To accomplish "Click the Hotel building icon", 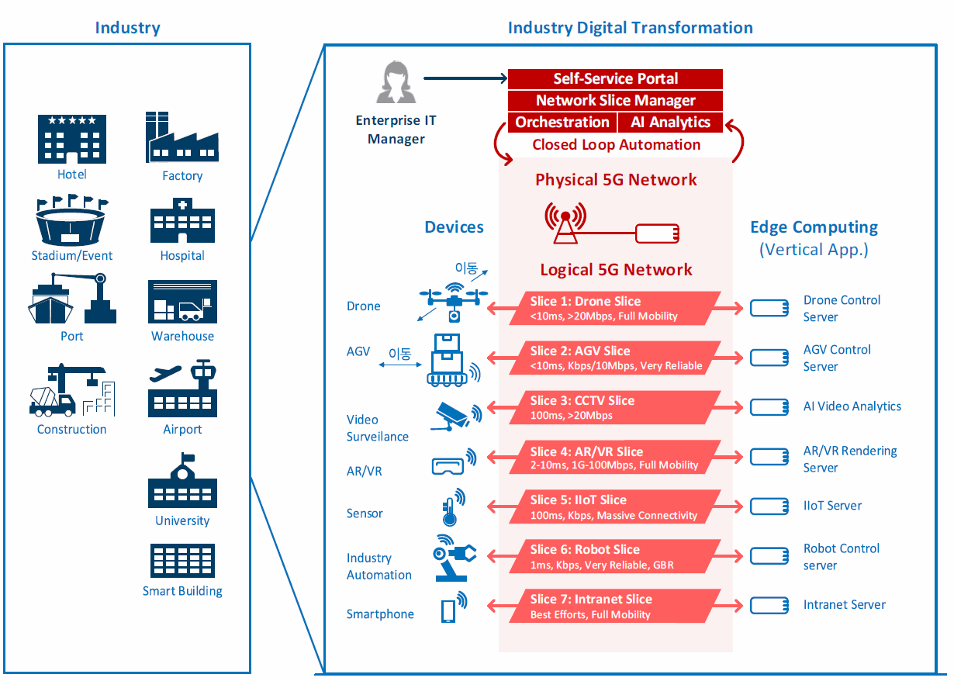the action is coord(72,139).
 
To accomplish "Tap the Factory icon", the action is coord(181,137).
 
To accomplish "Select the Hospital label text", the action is coord(182,255).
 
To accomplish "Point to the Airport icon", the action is coord(182,388).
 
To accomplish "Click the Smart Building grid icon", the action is coord(182,561).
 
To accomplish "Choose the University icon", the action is coord(182,480).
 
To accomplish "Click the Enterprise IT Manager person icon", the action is coord(396,81).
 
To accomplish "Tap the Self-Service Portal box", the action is coord(615,79).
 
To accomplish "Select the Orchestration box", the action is coord(562,123).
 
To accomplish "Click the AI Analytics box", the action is coord(670,123).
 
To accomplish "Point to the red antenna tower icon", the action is coord(565,223).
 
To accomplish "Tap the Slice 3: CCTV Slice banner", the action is coord(614,407).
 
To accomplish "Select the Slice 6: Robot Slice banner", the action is coord(614,556).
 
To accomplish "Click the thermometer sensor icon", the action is coord(453,506).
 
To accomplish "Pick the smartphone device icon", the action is coord(453,607).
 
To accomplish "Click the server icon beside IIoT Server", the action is coord(769,506).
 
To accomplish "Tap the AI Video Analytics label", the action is coord(852,406).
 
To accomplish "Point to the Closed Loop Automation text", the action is coord(617,145).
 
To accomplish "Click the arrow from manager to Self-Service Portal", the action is coord(465,78).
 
